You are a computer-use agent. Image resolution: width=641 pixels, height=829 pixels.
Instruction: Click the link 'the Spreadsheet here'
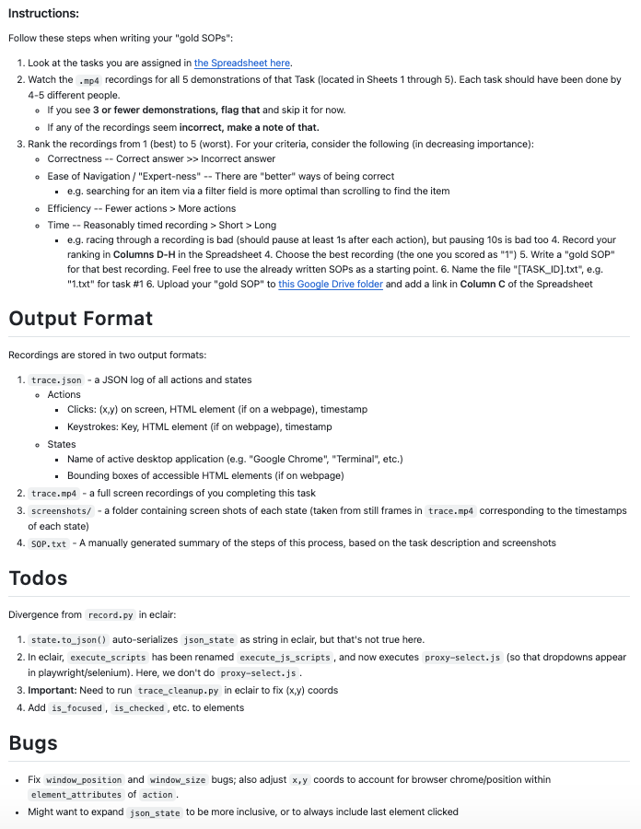(242, 63)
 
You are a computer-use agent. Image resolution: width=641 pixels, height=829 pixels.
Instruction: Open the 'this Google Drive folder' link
(332, 285)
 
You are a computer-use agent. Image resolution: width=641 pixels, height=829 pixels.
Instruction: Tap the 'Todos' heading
(40, 578)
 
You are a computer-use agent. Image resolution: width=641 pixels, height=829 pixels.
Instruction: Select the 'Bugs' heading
(33, 742)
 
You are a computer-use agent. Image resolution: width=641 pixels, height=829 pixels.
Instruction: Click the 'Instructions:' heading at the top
(43, 14)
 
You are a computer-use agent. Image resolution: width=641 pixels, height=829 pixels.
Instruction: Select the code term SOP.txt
(49, 543)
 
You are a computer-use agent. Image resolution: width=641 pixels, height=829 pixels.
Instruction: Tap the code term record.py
(111, 614)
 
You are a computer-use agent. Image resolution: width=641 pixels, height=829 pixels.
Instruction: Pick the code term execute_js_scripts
(284, 657)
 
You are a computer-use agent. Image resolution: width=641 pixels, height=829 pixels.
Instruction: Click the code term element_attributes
(76, 794)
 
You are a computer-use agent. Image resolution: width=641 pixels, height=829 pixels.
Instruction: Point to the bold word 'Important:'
(57, 690)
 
